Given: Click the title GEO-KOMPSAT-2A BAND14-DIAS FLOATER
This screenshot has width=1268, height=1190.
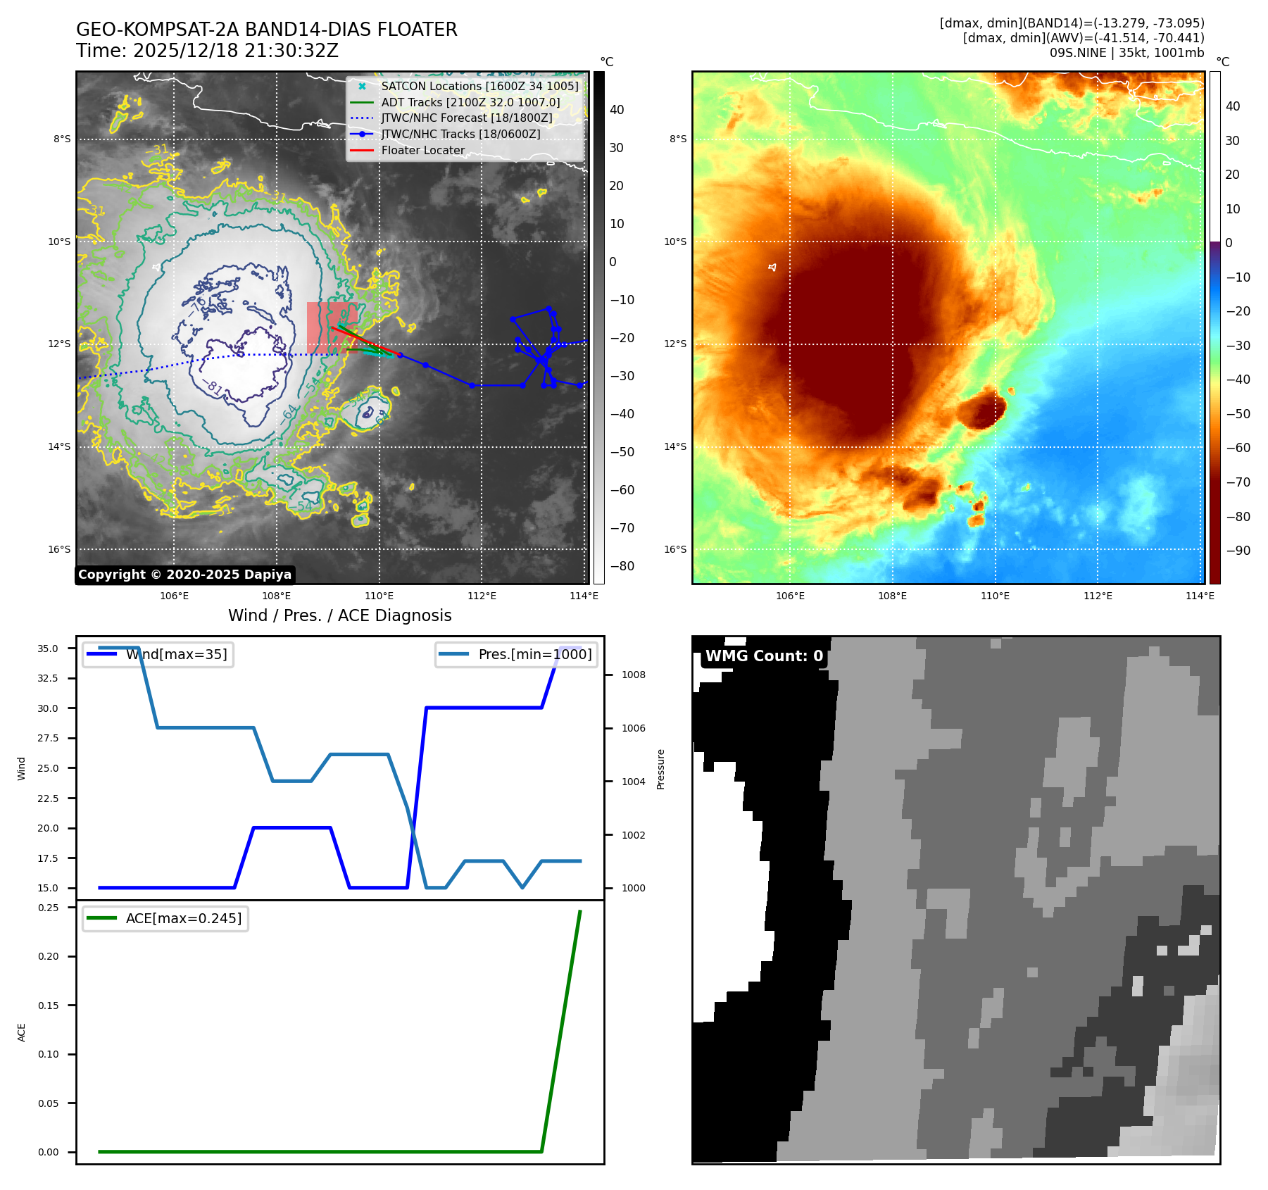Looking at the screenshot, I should click(x=266, y=30).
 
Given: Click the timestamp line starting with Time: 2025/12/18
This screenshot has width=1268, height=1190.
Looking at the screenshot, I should click(x=207, y=51).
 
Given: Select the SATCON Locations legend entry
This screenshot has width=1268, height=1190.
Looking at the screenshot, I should click(x=479, y=86).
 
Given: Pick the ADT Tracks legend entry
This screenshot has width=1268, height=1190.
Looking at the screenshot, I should click(x=470, y=102).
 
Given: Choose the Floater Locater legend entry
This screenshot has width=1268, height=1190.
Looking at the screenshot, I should click(x=422, y=150).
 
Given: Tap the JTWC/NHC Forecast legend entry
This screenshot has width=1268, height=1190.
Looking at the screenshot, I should click(x=466, y=118).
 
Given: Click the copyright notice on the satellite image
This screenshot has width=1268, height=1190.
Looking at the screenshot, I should click(x=184, y=575).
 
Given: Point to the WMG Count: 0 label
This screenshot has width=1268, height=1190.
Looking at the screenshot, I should click(x=764, y=656).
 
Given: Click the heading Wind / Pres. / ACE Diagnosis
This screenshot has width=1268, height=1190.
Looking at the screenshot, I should click(x=339, y=615).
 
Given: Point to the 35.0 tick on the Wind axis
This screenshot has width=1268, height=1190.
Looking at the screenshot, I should click(x=48, y=649).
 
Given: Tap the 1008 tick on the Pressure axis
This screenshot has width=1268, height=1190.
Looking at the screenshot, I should click(x=633, y=675).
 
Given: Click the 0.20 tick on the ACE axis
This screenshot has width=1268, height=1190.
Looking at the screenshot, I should click(x=49, y=956).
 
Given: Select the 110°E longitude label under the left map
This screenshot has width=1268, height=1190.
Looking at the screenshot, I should click(x=379, y=596).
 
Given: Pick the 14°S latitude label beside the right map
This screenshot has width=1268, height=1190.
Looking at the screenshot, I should click(x=674, y=446).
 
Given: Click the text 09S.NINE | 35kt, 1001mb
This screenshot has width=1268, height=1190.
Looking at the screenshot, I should click(x=1126, y=53).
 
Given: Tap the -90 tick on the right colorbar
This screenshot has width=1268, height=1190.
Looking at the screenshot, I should click(x=1238, y=551).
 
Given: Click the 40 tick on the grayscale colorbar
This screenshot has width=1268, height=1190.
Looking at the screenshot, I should click(x=617, y=110).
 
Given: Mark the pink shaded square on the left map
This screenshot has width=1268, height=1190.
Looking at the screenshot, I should click(x=331, y=327).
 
